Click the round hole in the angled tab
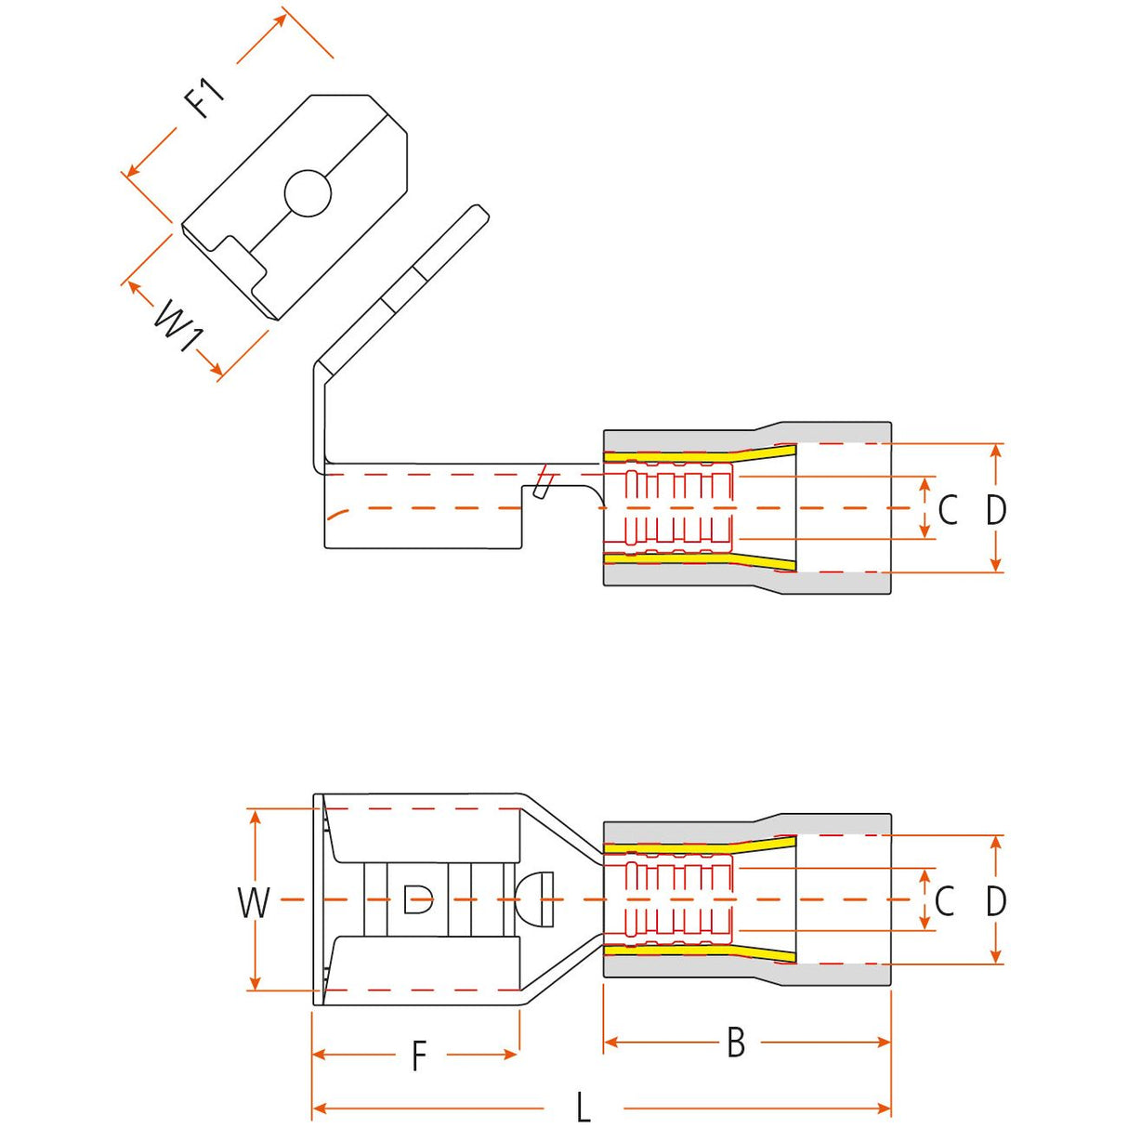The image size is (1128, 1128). click(x=308, y=193)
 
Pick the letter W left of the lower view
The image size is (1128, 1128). click(x=254, y=902)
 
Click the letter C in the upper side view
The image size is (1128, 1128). click(x=948, y=509)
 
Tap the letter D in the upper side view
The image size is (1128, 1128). click(x=996, y=509)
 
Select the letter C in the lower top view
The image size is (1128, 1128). click(x=945, y=901)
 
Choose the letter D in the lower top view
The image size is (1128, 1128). click(x=996, y=901)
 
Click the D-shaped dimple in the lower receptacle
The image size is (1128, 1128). click(x=418, y=898)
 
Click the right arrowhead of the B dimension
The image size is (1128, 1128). click(x=884, y=1042)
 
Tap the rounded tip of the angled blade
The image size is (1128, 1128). click(x=479, y=210)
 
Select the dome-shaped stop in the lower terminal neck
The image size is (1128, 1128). click(x=534, y=898)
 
